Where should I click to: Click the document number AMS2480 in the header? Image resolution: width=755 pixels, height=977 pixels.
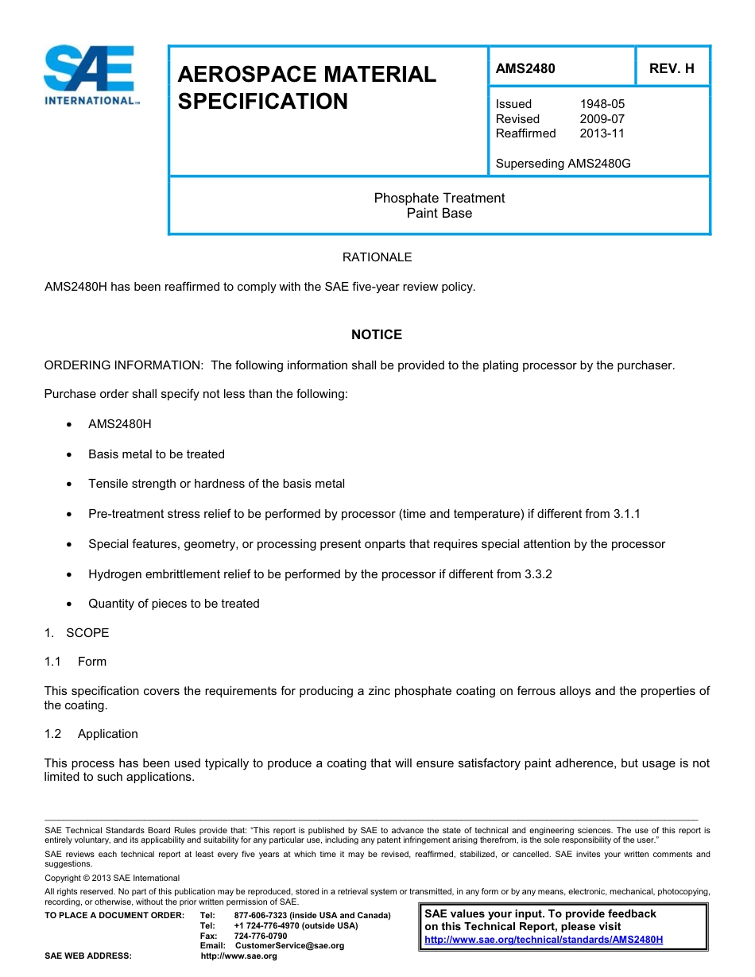click(x=525, y=68)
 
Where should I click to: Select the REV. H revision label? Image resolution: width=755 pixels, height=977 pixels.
click(x=672, y=68)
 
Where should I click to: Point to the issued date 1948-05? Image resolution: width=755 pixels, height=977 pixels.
click(x=602, y=104)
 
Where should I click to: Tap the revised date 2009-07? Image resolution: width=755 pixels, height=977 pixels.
click(x=602, y=119)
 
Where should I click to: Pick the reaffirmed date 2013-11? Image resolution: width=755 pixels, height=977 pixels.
click(x=602, y=133)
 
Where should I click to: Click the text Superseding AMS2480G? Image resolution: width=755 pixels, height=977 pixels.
click(x=563, y=164)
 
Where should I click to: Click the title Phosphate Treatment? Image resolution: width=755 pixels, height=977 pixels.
click(x=439, y=198)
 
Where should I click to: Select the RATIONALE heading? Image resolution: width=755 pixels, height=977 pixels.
click(x=377, y=257)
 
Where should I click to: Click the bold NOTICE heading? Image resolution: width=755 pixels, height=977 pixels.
click(x=377, y=334)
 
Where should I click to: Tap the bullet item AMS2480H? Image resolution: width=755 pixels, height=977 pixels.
click(x=119, y=424)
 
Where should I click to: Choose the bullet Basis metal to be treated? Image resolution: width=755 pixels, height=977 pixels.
click(x=157, y=454)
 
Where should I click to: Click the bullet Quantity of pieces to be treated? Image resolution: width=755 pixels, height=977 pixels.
click(x=174, y=604)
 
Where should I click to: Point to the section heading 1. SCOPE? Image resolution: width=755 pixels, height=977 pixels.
click(x=76, y=633)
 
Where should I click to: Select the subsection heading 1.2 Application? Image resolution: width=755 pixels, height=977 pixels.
click(x=91, y=734)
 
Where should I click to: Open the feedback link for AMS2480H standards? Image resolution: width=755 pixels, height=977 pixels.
click(x=544, y=940)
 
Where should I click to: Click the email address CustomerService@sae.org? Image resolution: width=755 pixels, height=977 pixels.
click(x=289, y=945)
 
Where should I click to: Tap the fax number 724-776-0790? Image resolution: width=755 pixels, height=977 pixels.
click(x=261, y=936)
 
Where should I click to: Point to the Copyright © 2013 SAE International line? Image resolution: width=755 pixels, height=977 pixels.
click(x=112, y=878)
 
